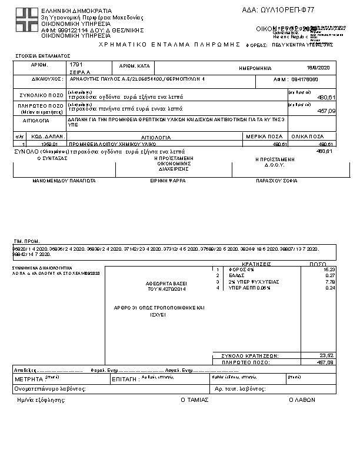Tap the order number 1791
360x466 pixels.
[x=78, y=64]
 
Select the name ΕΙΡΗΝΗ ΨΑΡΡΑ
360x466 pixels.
[x=168, y=182]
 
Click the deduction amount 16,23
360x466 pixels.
[x=329, y=269]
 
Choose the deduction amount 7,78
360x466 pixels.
[x=331, y=282]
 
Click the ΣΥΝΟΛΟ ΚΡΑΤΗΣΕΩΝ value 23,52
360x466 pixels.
[x=327, y=355]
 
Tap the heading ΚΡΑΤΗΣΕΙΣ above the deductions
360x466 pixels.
[x=256, y=264]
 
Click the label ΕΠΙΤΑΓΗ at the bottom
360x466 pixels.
[x=125, y=380]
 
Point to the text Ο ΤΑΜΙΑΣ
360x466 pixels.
[x=194, y=399]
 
